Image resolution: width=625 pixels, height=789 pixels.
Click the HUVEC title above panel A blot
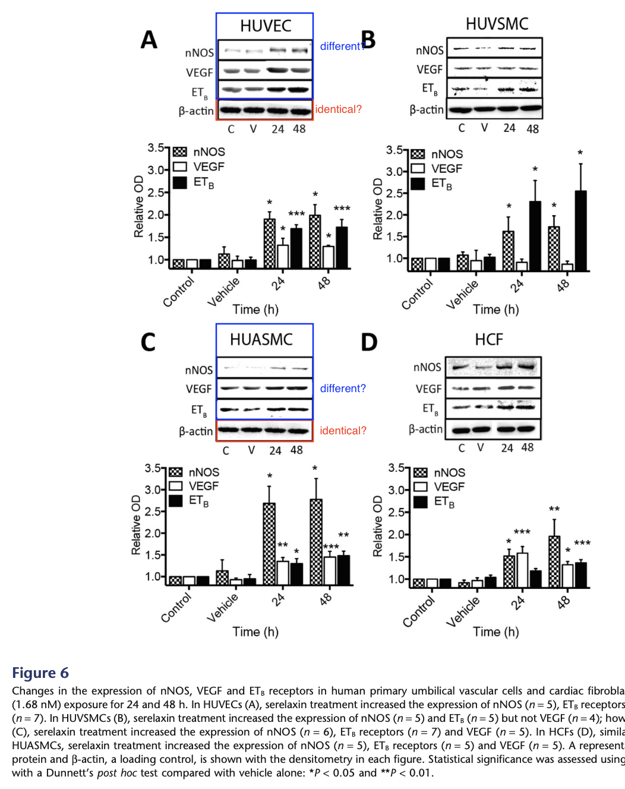coord(266,26)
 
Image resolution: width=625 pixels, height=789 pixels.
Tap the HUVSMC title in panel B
coord(497,24)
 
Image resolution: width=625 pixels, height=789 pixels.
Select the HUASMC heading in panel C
coord(261,339)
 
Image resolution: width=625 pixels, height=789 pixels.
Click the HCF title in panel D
coord(489,339)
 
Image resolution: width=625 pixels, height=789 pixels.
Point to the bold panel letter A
coord(149,40)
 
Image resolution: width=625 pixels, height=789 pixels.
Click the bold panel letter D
coord(369,342)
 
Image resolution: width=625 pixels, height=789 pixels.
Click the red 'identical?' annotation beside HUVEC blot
coord(338,109)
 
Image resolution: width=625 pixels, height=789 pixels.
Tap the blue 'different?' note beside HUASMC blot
coord(343,389)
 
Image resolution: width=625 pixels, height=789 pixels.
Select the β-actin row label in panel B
coord(427,110)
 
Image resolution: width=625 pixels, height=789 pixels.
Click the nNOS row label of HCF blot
coord(427,367)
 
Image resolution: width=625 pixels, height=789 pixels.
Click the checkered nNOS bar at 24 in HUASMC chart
coord(269,544)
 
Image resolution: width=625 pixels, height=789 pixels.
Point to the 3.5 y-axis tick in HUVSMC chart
coord(394,150)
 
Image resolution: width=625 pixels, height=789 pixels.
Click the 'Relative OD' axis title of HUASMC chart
coord(136,525)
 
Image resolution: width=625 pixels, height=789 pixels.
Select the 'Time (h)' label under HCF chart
coord(495,632)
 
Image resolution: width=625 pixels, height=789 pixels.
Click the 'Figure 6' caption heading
coord(40,673)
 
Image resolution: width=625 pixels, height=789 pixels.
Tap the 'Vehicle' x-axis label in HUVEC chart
coord(223,292)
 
